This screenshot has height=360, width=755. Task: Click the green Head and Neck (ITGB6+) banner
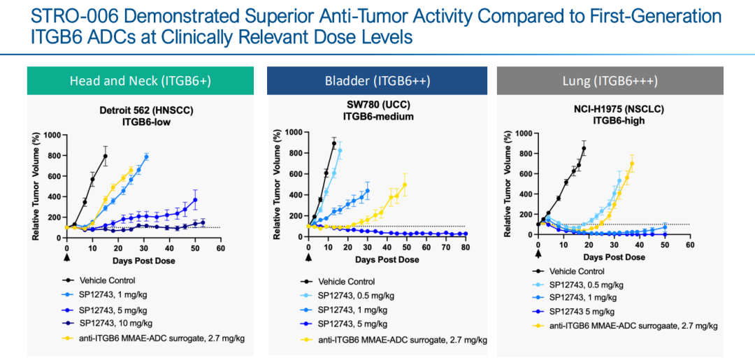point(140,81)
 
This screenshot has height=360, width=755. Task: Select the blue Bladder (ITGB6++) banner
point(377,81)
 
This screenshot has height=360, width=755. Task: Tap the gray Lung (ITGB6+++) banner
point(609,81)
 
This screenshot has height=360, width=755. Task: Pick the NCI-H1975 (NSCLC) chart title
point(610,109)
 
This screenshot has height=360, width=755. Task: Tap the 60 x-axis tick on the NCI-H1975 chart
point(689,246)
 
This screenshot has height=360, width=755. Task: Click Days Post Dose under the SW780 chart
point(387,259)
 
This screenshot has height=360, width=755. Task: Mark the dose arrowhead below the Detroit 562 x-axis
point(66,257)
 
